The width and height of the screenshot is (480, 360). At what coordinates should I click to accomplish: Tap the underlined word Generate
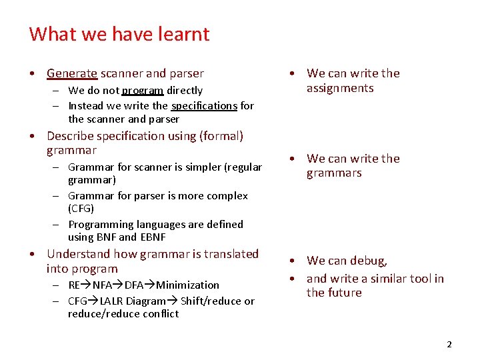pos(72,73)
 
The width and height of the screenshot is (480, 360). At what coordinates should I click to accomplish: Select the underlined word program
pos(143,91)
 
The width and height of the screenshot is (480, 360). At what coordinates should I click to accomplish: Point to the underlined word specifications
pos(204,106)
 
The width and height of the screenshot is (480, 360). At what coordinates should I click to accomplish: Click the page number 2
pos(449,345)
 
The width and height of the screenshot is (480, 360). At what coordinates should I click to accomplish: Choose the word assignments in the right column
pos(340,89)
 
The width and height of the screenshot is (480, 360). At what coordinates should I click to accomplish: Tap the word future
pos(344,293)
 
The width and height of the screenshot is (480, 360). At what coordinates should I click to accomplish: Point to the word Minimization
pos(187,285)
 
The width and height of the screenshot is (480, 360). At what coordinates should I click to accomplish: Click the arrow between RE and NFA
pos(86,285)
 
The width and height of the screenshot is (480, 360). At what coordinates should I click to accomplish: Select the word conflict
pos(160,314)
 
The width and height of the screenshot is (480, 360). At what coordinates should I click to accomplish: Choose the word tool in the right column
pos(419,279)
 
